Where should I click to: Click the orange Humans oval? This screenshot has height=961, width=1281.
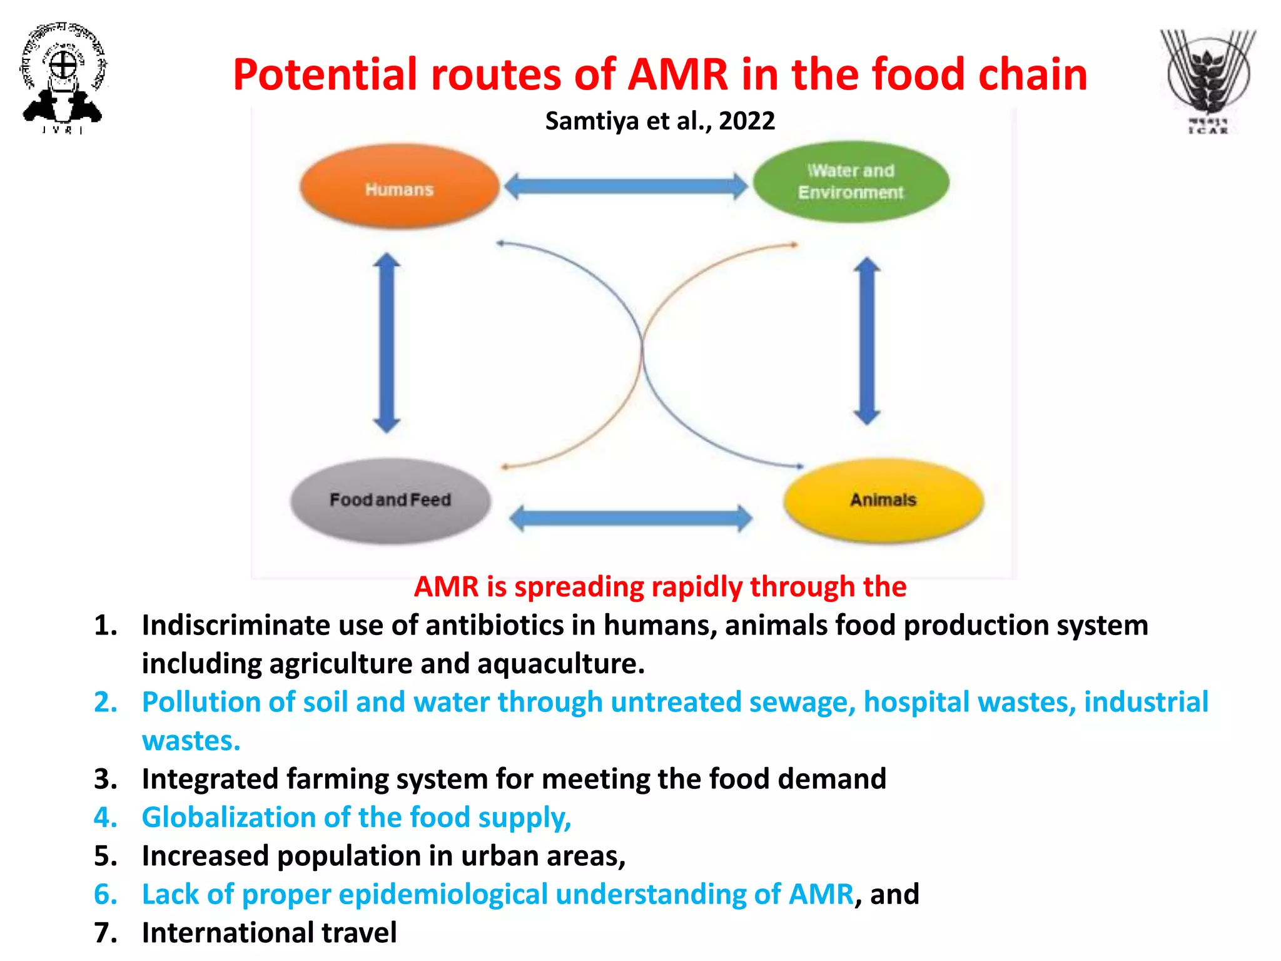pos(399,186)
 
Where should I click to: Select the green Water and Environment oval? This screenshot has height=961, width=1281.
pos(851,181)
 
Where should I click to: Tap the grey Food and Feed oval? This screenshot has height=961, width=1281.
pos(390,501)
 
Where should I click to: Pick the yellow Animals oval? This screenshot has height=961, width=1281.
pos(883,499)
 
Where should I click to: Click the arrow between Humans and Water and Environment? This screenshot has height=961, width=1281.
pos(625,186)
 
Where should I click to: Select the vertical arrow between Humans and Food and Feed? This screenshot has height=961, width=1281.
pos(387,343)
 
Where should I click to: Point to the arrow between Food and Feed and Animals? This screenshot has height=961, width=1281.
pos(630,518)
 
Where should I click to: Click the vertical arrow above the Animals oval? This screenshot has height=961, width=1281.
pos(867,341)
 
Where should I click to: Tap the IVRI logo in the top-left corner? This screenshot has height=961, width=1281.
pos(63,78)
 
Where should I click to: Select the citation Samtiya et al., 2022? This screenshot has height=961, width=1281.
pos(660,121)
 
